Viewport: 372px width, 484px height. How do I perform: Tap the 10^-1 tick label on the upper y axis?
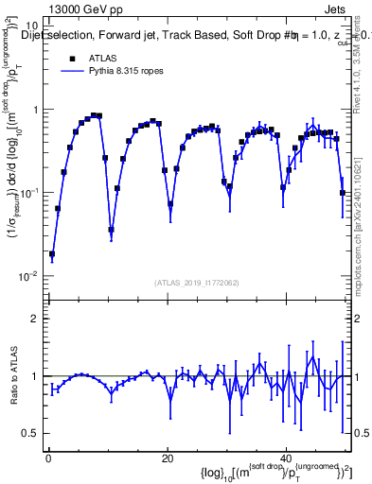point(28,193)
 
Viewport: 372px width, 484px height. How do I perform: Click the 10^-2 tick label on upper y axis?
point(28,276)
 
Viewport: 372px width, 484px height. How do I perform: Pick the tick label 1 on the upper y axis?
point(35,110)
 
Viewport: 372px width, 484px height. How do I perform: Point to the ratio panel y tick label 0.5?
point(30,433)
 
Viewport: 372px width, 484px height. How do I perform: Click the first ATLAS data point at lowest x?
point(52,254)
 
